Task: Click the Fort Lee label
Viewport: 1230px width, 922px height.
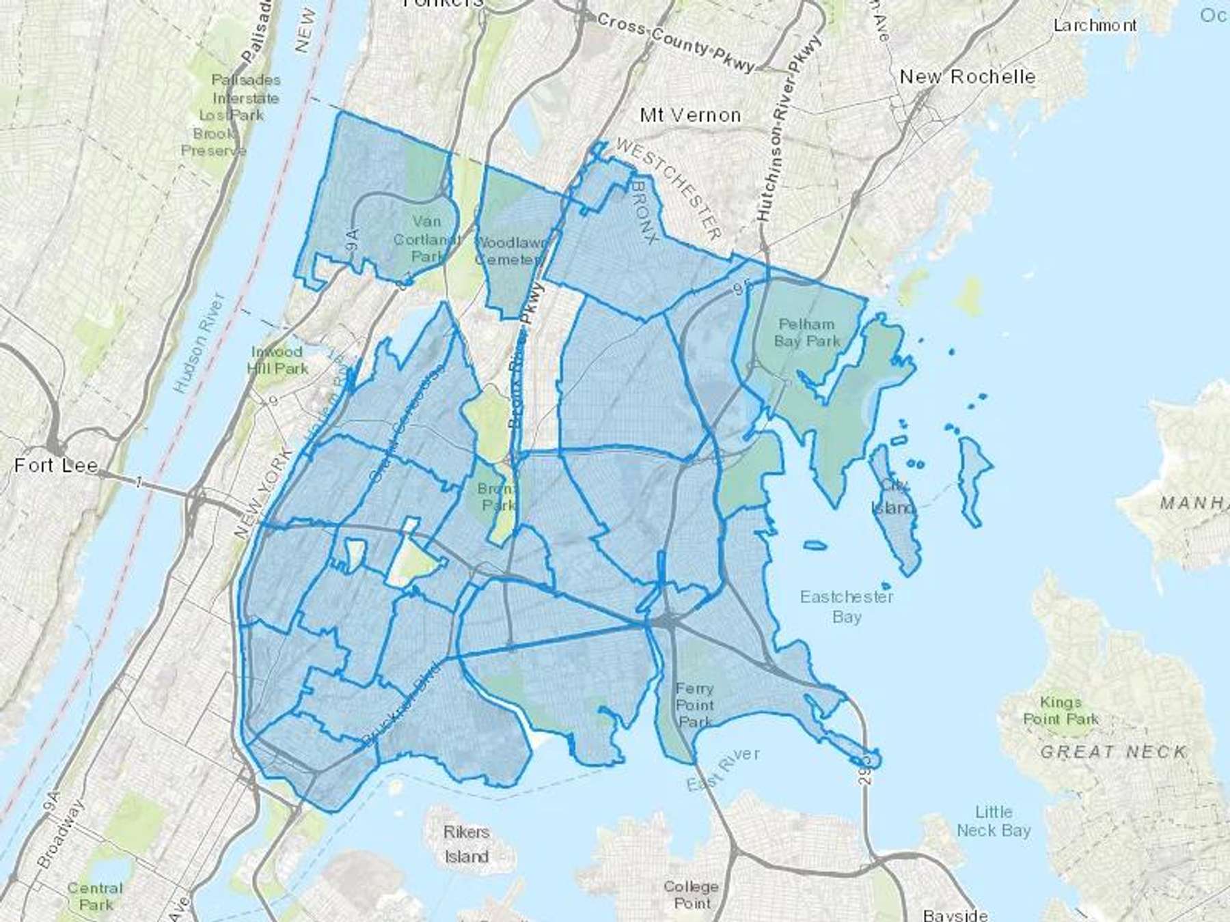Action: (x=56, y=466)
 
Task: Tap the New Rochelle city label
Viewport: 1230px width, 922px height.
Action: (x=967, y=76)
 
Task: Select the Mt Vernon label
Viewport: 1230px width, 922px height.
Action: (x=690, y=115)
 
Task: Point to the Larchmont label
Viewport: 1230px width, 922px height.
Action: (x=1095, y=26)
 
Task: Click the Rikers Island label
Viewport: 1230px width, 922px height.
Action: (x=467, y=844)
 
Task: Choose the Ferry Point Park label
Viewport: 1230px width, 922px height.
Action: (x=695, y=705)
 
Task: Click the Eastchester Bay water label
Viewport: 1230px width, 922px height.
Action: (x=846, y=606)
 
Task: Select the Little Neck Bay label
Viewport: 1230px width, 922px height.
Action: (x=994, y=821)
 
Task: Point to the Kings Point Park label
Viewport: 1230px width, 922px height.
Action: (x=1061, y=710)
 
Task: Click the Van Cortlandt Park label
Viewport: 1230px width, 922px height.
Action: (x=426, y=239)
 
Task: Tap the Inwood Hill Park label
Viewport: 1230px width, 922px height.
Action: (x=277, y=360)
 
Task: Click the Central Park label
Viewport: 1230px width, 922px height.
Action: (x=95, y=896)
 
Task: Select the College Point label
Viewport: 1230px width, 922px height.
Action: (x=691, y=895)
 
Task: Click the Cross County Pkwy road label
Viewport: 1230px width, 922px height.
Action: (x=676, y=42)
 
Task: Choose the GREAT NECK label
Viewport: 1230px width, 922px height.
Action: (x=1113, y=752)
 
